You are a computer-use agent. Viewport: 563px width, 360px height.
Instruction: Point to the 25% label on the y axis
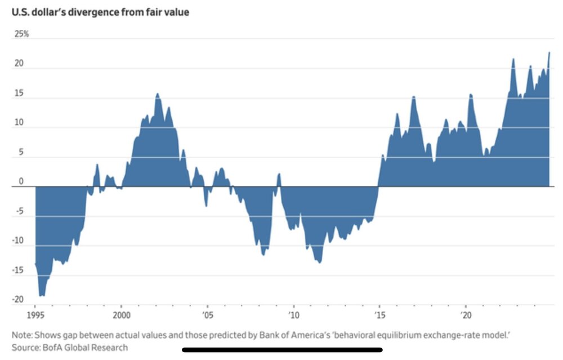21,34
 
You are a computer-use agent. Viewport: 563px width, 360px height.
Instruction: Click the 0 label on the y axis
21,181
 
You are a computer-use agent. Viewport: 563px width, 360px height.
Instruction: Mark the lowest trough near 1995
42,296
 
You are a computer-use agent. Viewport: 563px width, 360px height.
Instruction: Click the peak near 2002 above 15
157,94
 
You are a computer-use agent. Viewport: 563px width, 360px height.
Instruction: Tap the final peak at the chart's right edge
549,52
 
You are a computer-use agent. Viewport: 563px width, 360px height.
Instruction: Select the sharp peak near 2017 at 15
413,97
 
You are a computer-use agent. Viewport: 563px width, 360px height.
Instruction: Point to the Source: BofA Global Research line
70,348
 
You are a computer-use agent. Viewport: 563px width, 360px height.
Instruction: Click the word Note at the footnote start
21,335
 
